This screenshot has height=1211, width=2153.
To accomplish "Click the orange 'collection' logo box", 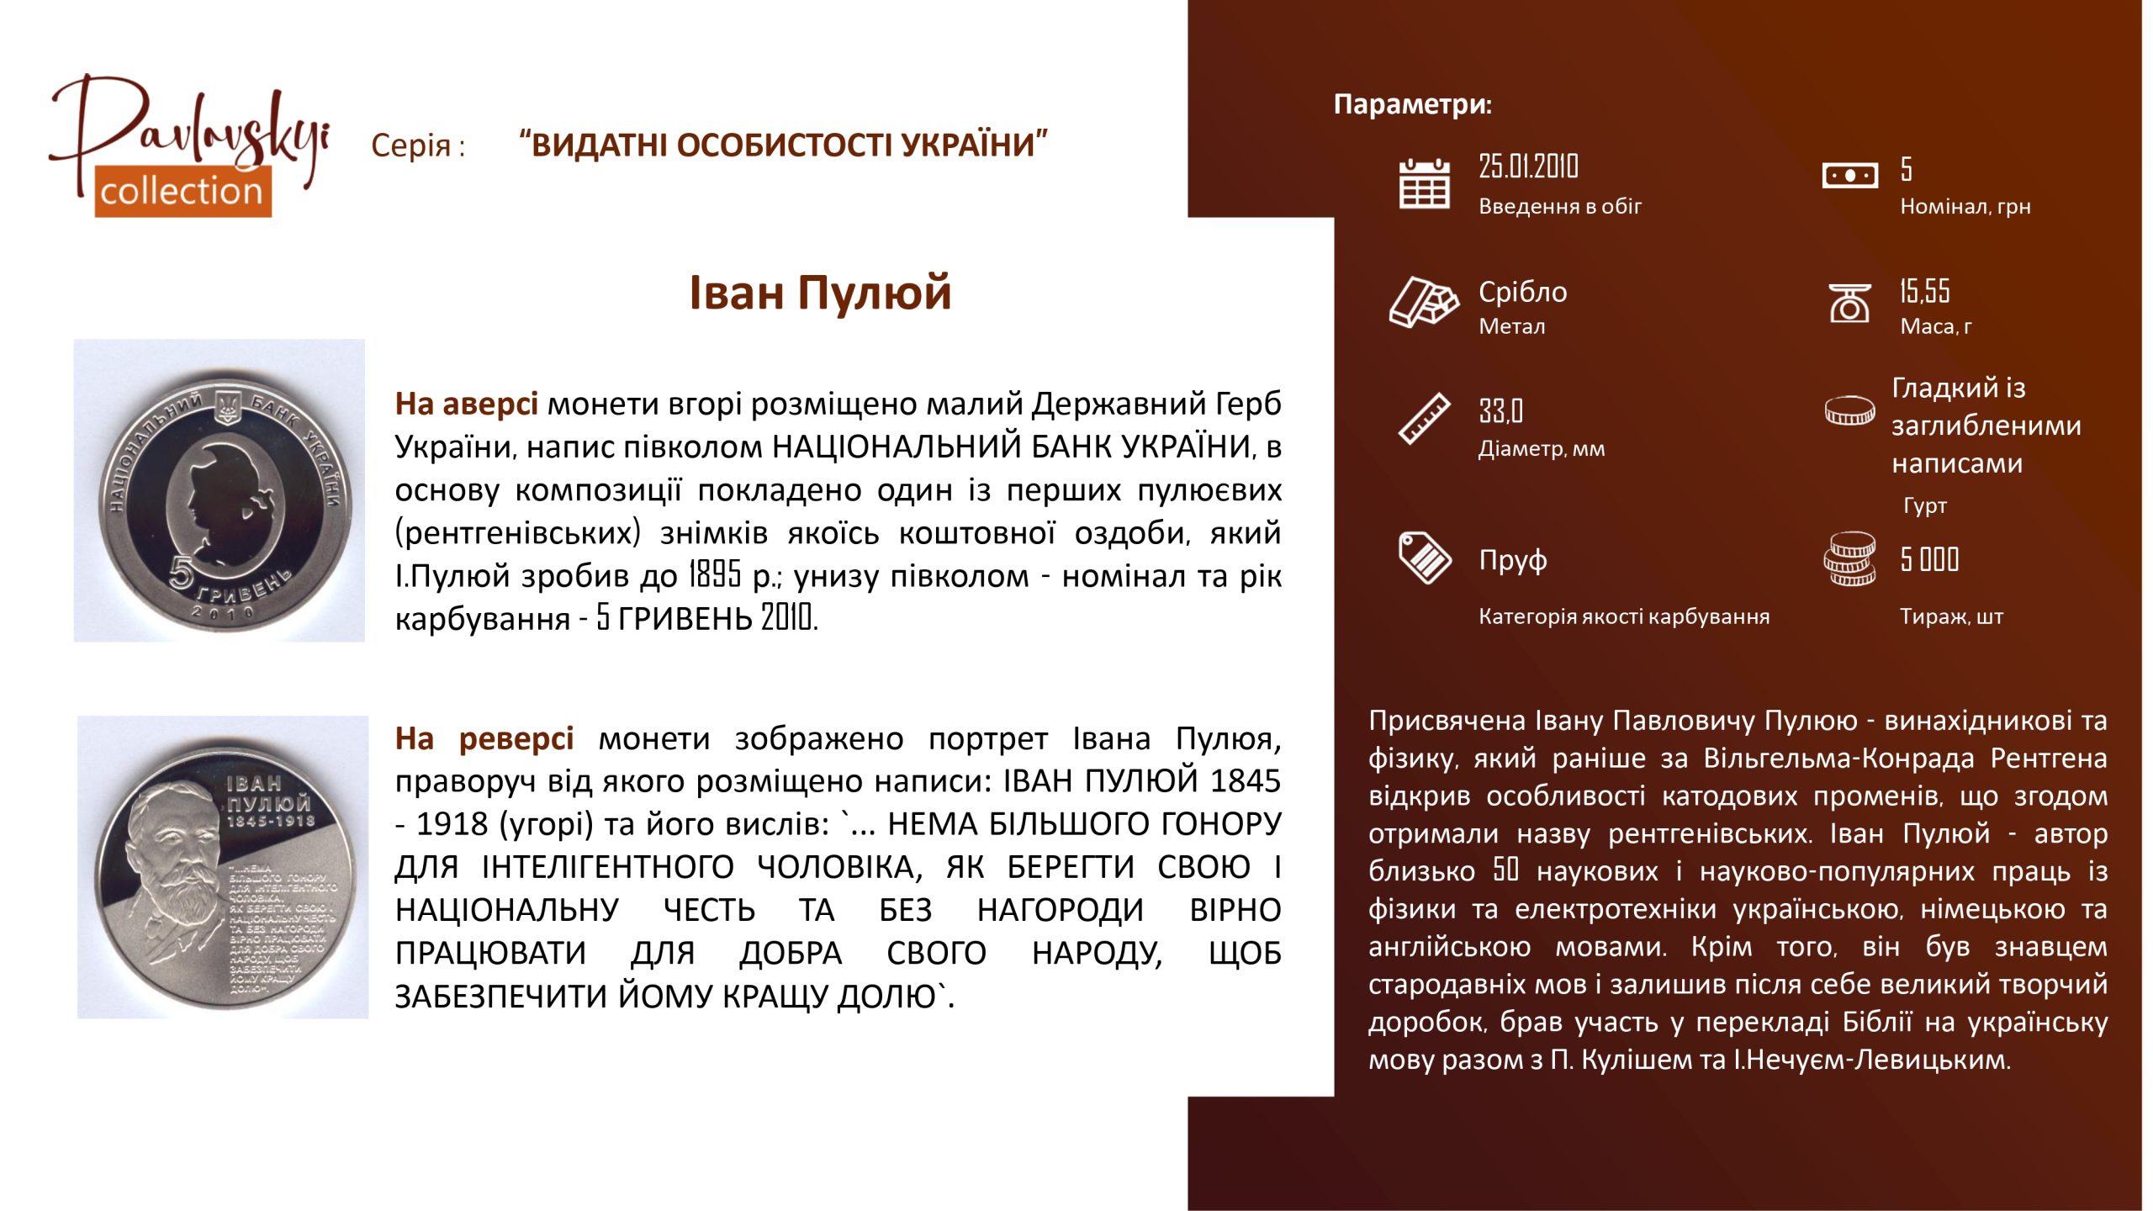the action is tap(183, 191).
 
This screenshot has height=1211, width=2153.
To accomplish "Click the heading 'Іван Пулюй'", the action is tap(820, 293).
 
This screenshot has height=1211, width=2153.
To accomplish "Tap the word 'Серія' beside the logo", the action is tap(411, 145).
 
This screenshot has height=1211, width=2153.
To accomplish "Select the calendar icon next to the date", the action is tap(1424, 183).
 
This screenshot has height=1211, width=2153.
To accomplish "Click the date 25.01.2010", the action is tap(1528, 167).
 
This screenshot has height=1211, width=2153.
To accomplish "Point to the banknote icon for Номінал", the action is tap(1849, 176).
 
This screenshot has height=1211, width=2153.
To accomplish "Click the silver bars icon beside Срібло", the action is tap(1424, 301).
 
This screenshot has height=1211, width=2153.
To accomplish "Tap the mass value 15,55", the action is tap(1924, 291).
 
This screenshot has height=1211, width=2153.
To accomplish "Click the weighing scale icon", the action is tap(1849, 303).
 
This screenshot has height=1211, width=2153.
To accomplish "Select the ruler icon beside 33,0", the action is tap(1424, 418).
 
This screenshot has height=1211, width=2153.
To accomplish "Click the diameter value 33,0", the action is tap(1500, 411).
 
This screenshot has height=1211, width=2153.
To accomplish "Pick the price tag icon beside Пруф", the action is tap(1424, 558).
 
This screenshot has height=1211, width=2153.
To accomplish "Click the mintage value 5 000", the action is tap(1929, 559).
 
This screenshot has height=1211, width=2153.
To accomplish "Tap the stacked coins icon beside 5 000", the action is tap(1849, 558).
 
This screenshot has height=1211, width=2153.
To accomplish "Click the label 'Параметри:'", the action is tap(1412, 104).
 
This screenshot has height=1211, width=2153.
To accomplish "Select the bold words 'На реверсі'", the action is tap(484, 738).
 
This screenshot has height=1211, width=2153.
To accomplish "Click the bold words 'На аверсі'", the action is tap(467, 404).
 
